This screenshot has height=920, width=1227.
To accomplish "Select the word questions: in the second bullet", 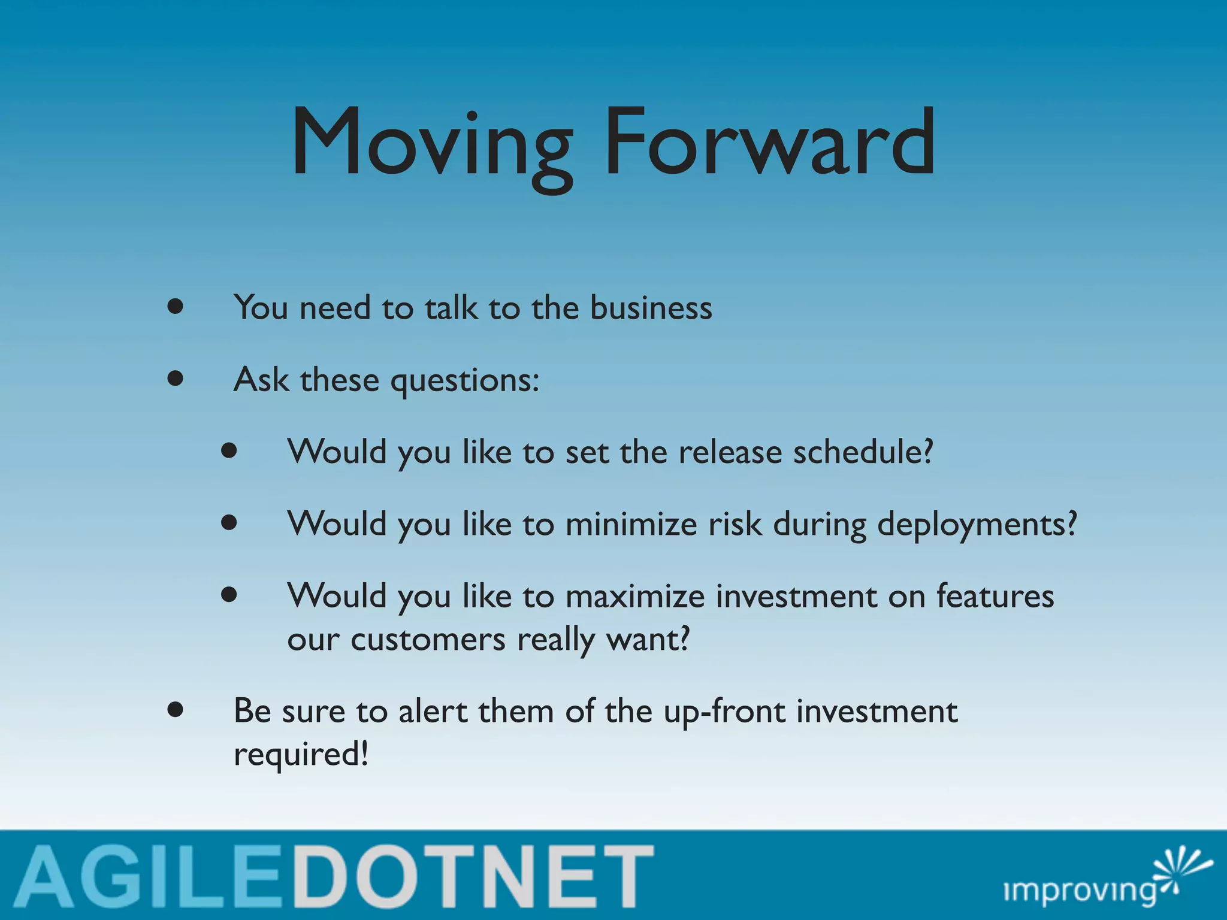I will pyautogui.click(x=465, y=381).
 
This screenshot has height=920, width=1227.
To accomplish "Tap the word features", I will pyautogui.click(x=995, y=595).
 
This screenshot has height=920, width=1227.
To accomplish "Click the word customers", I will pyautogui.click(x=428, y=640).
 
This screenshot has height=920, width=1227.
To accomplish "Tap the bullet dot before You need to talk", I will pyautogui.click(x=175, y=307).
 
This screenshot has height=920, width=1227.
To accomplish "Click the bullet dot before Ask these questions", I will pyautogui.click(x=175, y=379).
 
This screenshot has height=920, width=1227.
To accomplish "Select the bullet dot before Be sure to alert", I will pyautogui.click(x=175, y=710).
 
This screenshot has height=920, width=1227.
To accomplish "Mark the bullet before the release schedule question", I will pyautogui.click(x=229, y=450).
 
